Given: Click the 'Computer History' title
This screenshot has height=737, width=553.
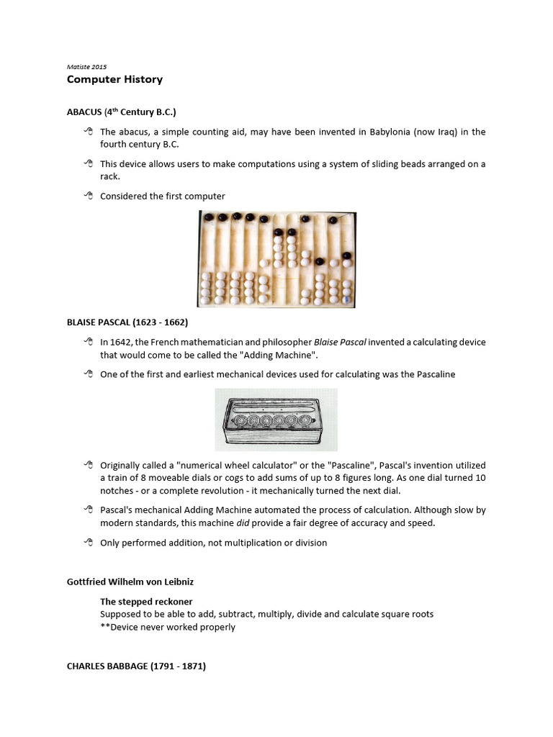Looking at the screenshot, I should click(114, 79).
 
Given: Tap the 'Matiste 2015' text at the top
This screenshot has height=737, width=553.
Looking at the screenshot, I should click(86, 66).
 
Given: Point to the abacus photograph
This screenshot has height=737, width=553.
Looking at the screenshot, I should click(276, 259).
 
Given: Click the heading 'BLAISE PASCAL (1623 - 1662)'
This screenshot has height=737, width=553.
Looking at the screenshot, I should click(127, 321).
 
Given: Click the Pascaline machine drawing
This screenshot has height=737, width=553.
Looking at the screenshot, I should click(276, 420).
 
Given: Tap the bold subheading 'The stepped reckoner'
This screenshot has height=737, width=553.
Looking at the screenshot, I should click(146, 601).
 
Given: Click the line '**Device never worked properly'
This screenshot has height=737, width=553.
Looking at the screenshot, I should click(168, 627).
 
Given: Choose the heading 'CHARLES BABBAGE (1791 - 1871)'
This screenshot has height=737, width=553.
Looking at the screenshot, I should click(136, 666).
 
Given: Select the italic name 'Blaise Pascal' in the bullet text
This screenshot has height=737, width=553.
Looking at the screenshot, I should click(343, 342).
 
